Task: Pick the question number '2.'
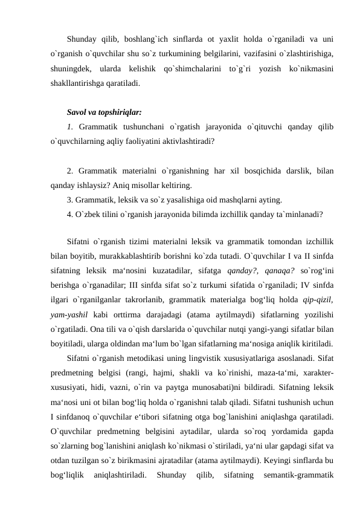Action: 71,170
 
